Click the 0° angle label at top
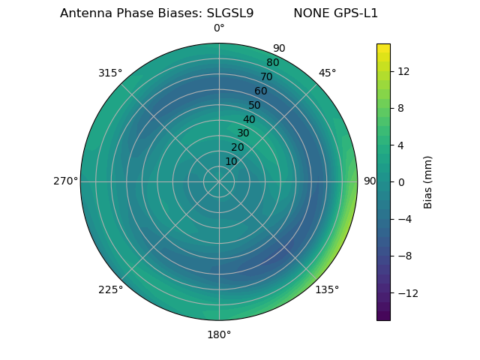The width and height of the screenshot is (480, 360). (219, 28)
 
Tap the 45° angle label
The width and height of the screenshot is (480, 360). (327, 73)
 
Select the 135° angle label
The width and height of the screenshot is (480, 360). (327, 289)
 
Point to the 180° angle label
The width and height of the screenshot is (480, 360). (219, 334)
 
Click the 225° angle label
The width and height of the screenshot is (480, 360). (110, 289)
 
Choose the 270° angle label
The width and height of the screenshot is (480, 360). (65, 181)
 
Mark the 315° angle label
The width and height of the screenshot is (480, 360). (110, 73)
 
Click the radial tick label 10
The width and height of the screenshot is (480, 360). (232, 161)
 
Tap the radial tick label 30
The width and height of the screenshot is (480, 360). (243, 133)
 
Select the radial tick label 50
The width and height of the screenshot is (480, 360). (255, 105)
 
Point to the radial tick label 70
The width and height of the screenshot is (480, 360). (267, 76)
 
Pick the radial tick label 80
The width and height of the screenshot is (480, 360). (273, 62)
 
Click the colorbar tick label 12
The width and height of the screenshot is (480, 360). (403, 71)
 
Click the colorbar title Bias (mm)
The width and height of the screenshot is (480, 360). (428, 181)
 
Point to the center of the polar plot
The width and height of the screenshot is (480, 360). (219, 181)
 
